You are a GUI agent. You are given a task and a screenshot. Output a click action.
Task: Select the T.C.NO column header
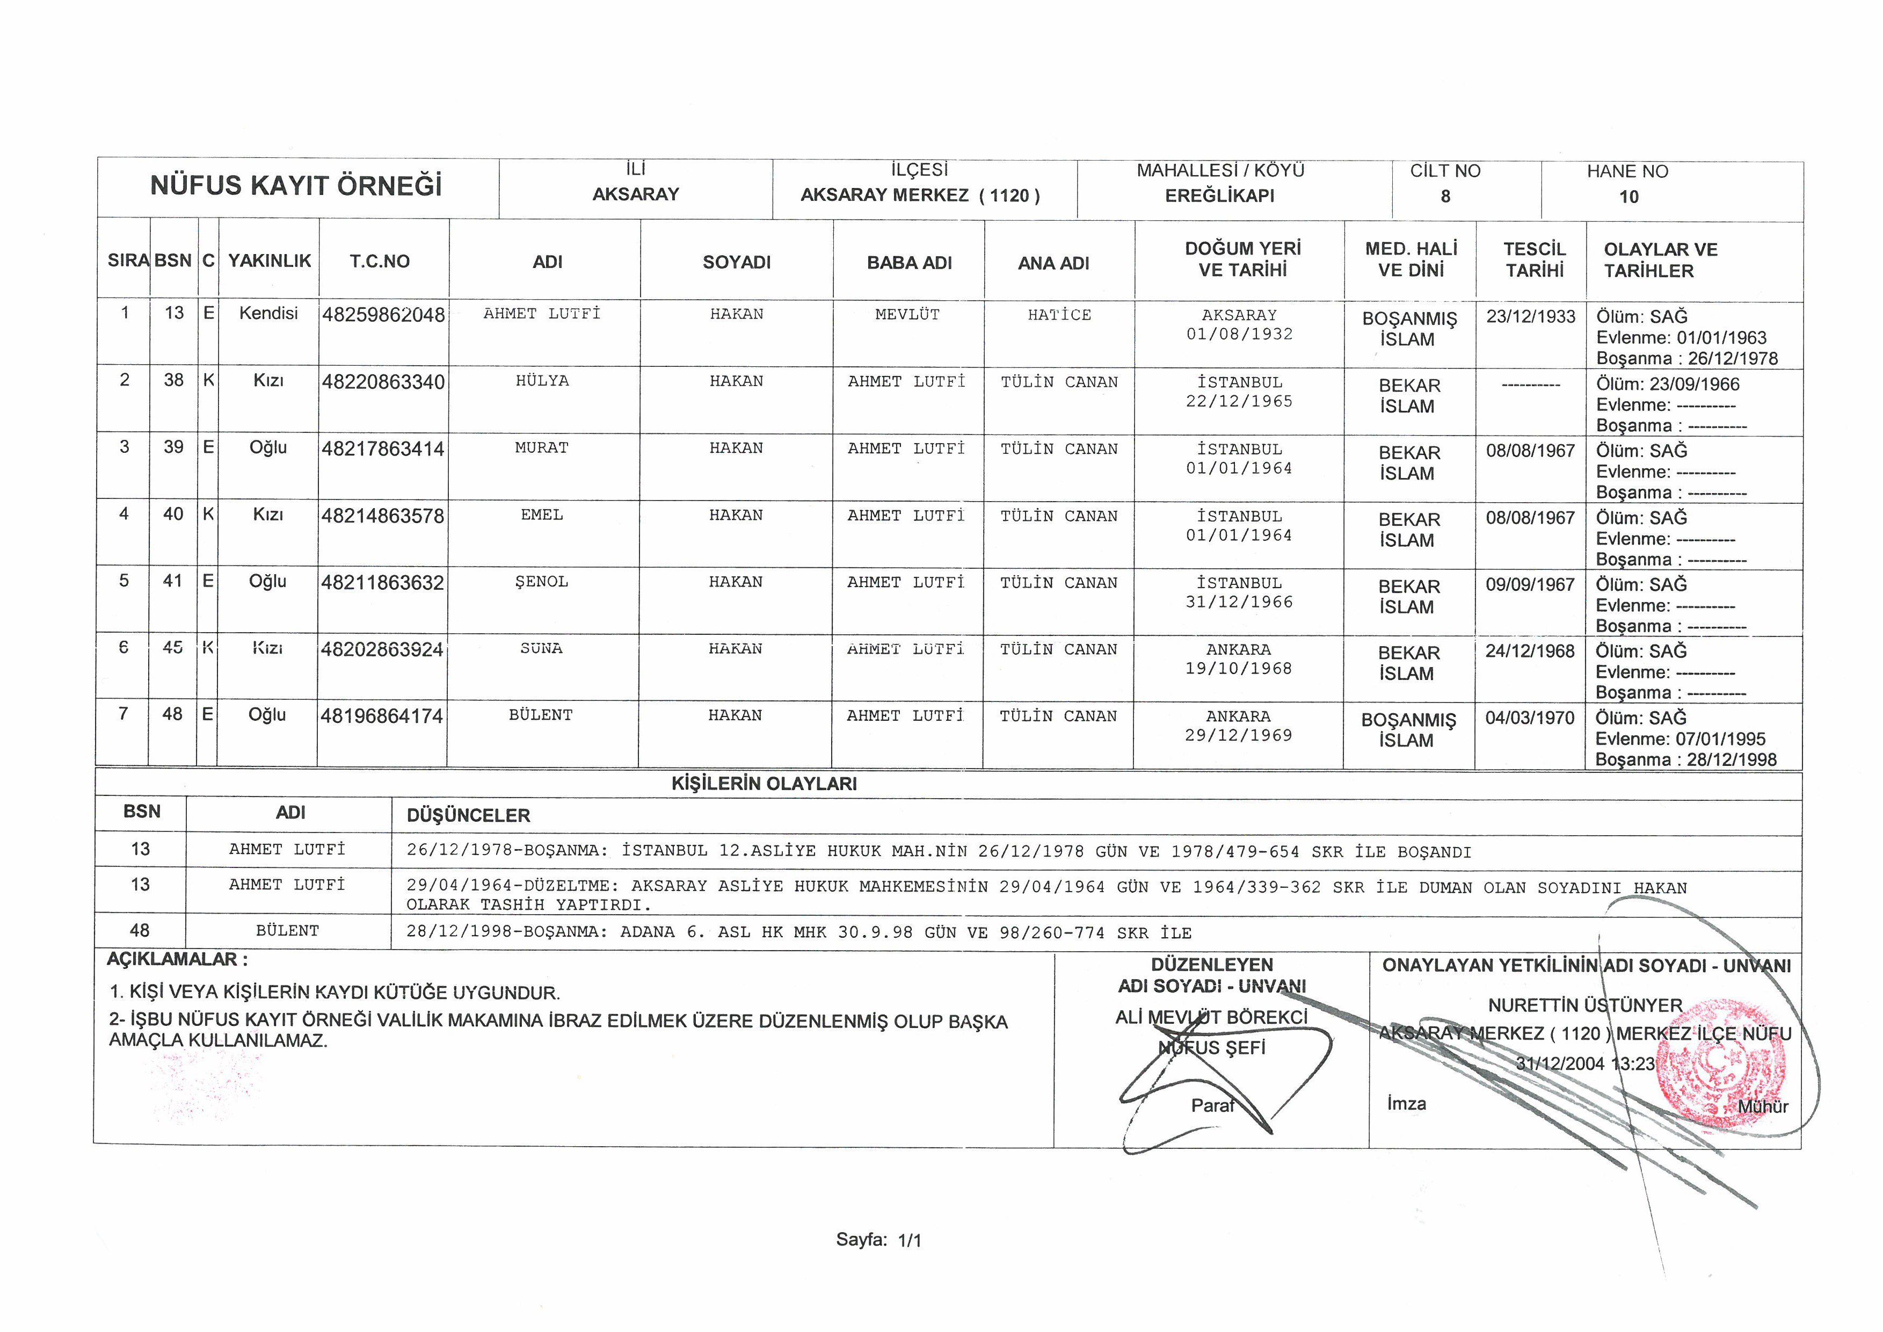[x=379, y=262]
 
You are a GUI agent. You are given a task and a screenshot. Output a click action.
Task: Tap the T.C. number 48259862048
[x=383, y=315]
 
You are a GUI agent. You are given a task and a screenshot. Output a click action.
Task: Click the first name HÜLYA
[x=542, y=381]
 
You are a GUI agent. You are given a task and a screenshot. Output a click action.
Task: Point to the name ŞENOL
[x=541, y=582]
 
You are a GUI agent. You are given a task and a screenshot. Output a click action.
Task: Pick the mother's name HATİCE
[x=1059, y=315]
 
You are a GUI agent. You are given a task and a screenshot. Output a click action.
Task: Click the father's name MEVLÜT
[x=907, y=314]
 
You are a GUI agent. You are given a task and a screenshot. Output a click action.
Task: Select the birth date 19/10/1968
[x=1238, y=669]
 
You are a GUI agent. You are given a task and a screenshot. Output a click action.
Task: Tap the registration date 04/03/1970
[x=1530, y=719]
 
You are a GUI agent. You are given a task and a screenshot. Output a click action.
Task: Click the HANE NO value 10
[x=1628, y=197]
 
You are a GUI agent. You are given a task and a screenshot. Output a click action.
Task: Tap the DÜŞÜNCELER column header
[x=468, y=815]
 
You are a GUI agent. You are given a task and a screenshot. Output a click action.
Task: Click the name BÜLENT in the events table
[x=287, y=931]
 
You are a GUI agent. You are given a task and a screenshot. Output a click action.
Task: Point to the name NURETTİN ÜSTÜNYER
[x=1584, y=1005]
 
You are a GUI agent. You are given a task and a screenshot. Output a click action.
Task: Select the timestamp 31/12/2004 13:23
[x=1584, y=1064]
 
